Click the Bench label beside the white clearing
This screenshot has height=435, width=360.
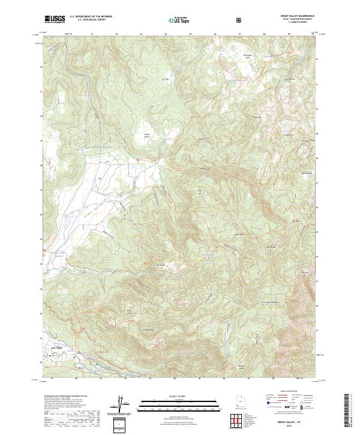(147, 137)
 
